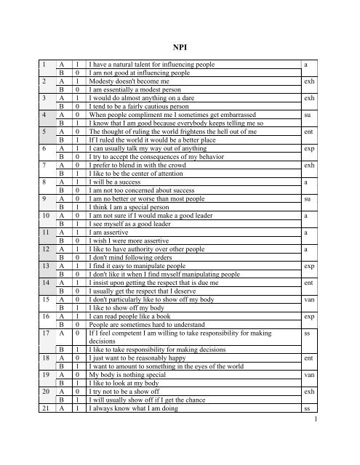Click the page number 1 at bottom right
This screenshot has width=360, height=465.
pyautogui.click(x=350, y=458)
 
